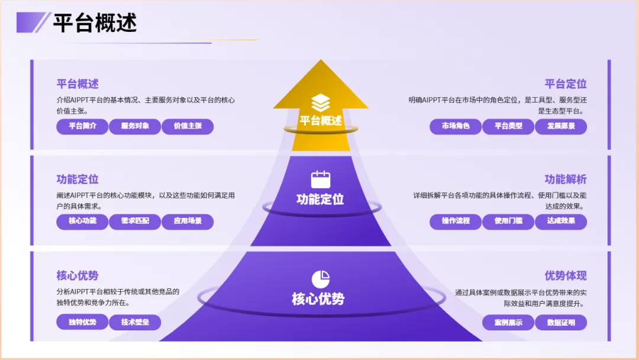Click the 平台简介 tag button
pos(82,126)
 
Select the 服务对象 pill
pos(135,126)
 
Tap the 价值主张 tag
pos(188,126)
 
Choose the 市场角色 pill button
pos(456,126)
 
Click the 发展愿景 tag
pos(561,126)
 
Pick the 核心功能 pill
pos(82,221)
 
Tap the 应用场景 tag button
pos(188,221)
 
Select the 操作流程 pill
pos(456,221)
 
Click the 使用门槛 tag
pos(508,221)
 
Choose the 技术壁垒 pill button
pos(135,322)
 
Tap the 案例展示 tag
pos(508,322)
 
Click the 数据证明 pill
pos(561,322)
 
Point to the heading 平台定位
pos(566,84)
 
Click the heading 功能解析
pos(566,179)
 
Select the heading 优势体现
pos(566,276)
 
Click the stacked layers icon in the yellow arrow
pos(321,102)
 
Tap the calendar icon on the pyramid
pos(321,179)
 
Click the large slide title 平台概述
pos(95,24)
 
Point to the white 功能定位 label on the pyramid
pos(320,200)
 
